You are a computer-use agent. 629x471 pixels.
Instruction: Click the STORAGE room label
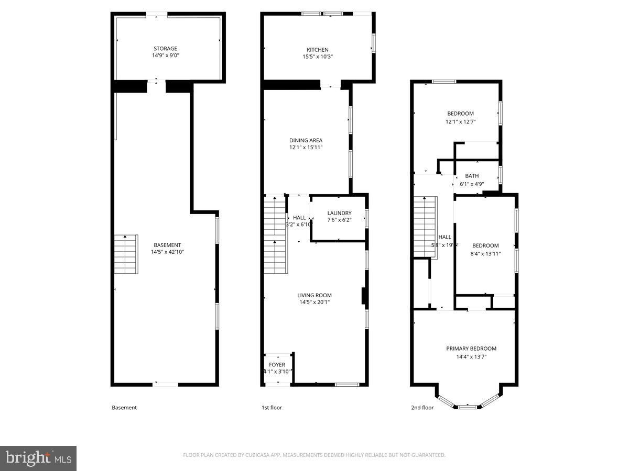[165, 49]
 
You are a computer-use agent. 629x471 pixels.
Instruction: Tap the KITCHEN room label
[318, 50]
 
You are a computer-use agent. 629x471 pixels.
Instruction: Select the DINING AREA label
[306, 140]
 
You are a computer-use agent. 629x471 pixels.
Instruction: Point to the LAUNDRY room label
[339, 213]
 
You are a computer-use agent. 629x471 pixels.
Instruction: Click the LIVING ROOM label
[314, 295]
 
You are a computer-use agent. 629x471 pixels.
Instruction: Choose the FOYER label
[277, 365]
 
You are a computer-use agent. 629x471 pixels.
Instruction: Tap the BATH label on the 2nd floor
[472, 176]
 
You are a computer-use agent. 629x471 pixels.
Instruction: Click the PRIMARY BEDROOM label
[471, 349]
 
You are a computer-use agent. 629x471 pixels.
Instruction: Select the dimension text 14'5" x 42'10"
[167, 252]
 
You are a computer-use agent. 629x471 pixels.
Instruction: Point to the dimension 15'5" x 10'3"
[318, 57]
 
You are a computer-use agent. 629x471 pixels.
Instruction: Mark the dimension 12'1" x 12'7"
[460, 121]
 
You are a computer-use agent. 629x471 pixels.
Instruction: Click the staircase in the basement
[126, 254]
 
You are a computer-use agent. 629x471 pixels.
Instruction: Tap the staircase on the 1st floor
[275, 234]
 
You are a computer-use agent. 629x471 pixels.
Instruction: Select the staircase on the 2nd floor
[425, 227]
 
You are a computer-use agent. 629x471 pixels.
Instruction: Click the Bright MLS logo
[38, 458]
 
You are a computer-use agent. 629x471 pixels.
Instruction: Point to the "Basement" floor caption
[124, 408]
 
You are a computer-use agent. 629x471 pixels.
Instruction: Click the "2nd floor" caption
[422, 408]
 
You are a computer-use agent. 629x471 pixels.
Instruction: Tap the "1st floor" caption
[272, 408]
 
